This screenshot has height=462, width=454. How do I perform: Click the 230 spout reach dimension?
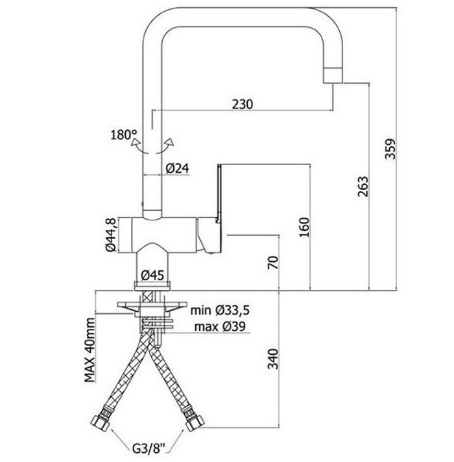point(243,104)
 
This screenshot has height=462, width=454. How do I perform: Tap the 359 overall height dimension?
point(391,149)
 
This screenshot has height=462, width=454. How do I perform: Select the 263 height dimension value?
point(363,186)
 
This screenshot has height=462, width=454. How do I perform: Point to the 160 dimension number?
point(304,227)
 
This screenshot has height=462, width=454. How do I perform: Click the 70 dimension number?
point(272,263)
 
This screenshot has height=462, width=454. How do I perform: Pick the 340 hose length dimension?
point(272,359)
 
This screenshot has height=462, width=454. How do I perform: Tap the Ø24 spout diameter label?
point(177,168)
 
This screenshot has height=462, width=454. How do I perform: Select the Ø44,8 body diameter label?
point(112,235)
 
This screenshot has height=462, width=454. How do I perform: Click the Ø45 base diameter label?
point(152,276)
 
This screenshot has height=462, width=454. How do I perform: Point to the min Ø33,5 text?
point(220,310)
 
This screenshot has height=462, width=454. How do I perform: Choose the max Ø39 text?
point(221,326)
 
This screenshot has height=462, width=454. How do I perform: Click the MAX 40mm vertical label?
point(90,350)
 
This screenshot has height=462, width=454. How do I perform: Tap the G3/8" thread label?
point(149,450)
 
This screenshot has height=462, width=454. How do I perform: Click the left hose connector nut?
point(101,422)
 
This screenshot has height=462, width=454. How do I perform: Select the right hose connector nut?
point(195,422)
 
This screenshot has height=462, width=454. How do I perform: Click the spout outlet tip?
point(333,75)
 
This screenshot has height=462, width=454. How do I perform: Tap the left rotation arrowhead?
point(135,142)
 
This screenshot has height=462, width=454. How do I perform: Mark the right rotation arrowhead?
point(170,142)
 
